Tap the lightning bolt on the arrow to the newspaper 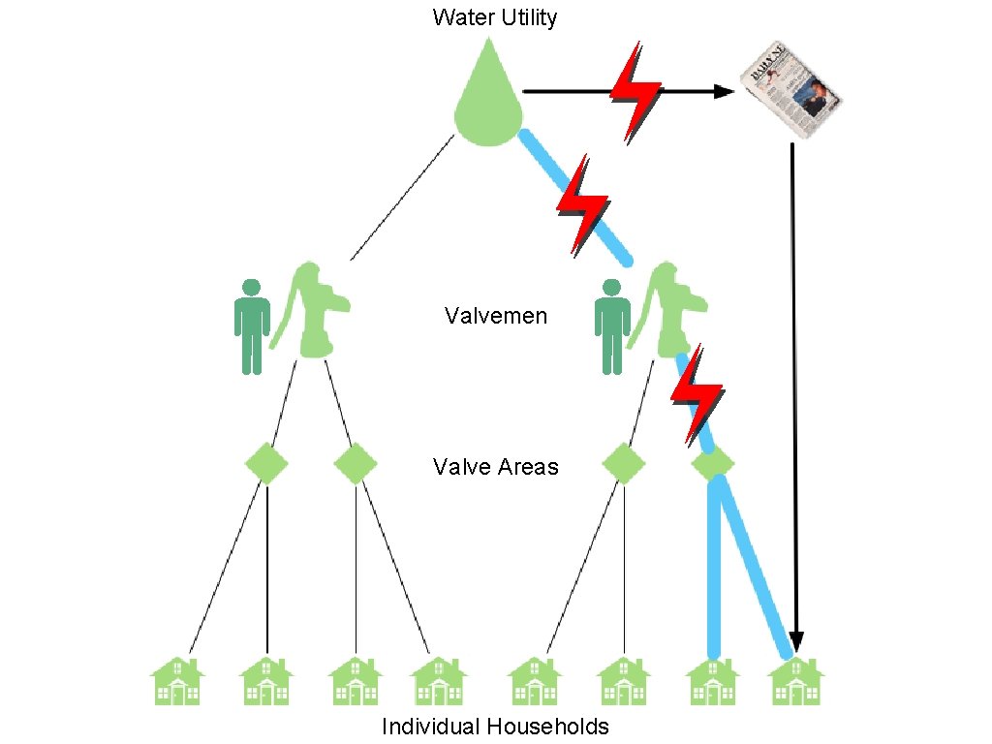635,90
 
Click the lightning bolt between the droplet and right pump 581,205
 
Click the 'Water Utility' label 495,16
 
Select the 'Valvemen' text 495,316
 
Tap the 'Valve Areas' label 495,466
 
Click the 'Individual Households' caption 495,727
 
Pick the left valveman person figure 252,326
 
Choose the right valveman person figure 612,326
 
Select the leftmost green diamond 266,463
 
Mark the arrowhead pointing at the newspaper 725,91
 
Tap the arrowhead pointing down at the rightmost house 795,640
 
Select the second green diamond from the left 356,463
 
